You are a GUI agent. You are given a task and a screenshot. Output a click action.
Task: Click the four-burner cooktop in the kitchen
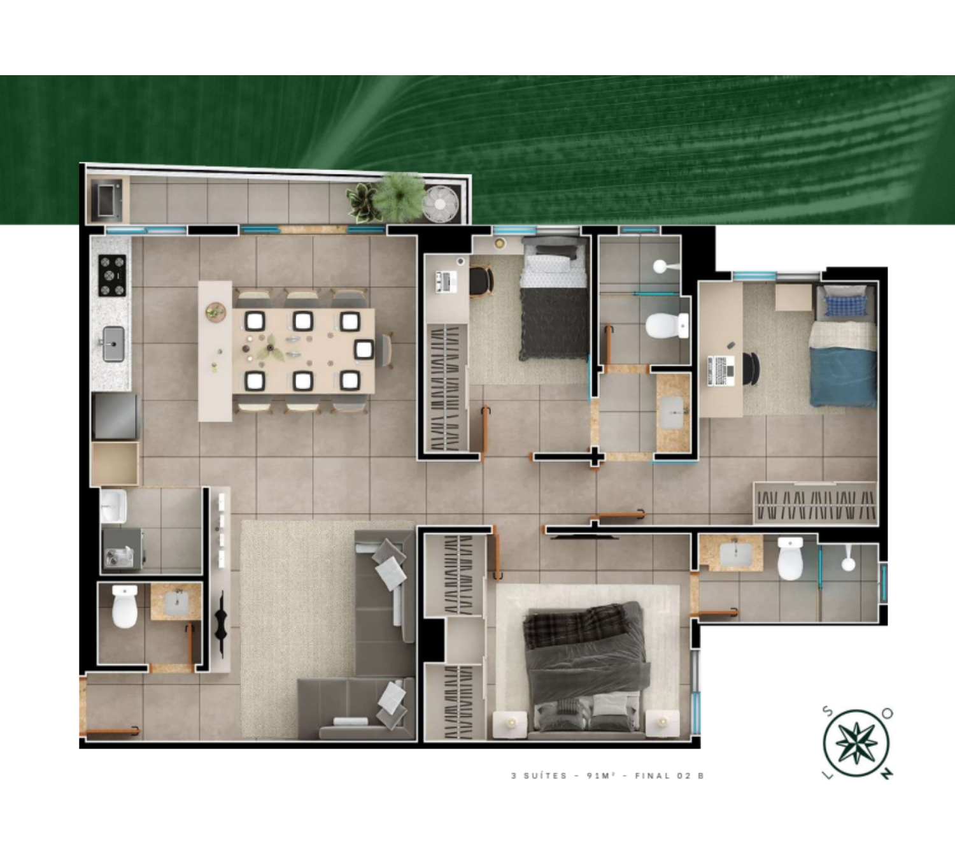(112, 275)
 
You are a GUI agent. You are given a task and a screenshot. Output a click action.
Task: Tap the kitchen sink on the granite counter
(114, 343)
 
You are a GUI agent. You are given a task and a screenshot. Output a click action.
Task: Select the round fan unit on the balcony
(440, 203)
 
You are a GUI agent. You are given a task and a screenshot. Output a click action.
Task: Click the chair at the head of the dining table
(385, 350)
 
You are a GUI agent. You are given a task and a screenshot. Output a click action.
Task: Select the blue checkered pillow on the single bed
(845, 305)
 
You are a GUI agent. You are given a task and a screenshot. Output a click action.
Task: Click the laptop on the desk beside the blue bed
(721, 371)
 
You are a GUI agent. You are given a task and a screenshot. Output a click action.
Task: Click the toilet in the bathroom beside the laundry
(125, 606)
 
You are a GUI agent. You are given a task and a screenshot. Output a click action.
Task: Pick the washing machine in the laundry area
(122, 549)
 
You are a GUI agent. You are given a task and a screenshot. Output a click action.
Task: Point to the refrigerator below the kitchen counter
(115, 416)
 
